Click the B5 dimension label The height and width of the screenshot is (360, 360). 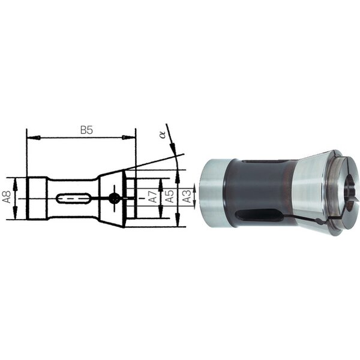tap(86, 130)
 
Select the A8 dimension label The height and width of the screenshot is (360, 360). tap(7, 197)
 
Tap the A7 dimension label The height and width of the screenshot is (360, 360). tap(153, 196)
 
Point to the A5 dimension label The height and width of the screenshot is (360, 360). tap(170, 196)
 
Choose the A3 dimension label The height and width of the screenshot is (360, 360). tap(187, 196)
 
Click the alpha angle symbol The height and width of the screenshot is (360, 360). tap(163, 134)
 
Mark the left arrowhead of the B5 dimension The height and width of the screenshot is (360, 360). tap(34, 138)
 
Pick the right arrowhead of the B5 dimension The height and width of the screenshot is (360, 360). tap(128, 137)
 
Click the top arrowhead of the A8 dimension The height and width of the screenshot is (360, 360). tap(16, 185)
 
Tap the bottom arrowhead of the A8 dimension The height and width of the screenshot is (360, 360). tap(15, 212)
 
